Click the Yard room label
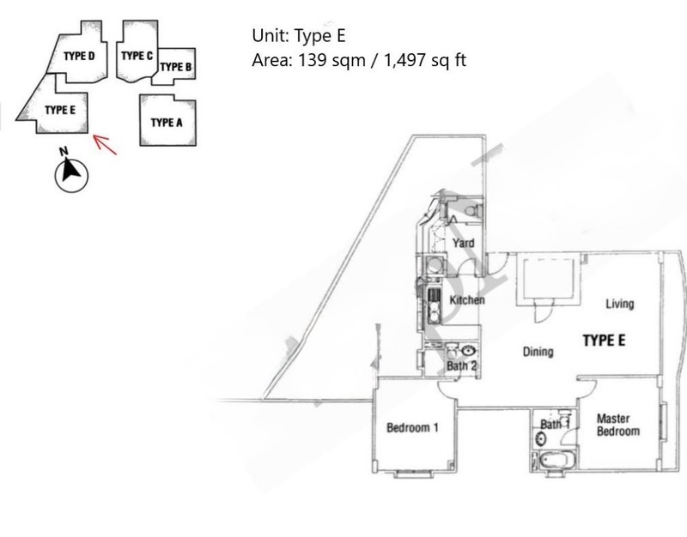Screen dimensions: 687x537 (x=463, y=243)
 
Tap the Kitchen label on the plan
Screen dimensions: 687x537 (x=467, y=299)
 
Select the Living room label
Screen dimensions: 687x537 (x=619, y=304)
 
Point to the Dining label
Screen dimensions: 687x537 (x=538, y=352)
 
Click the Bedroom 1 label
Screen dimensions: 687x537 (x=412, y=427)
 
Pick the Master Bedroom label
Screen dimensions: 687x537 (x=617, y=425)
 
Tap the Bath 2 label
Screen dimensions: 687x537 (x=461, y=365)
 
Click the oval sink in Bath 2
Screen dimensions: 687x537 (x=468, y=350)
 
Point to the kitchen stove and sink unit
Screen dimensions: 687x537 (x=434, y=305)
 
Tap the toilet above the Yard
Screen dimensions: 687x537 (x=472, y=211)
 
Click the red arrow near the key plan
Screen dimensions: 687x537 (x=105, y=144)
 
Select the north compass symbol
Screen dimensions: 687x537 (x=71, y=172)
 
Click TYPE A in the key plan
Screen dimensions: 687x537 (x=167, y=123)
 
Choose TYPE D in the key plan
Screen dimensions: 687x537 (x=79, y=56)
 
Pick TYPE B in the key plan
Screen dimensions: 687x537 (x=176, y=67)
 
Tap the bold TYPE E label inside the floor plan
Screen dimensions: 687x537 (x=604, y=340)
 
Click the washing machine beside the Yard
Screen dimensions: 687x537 (x=435, y=266)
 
